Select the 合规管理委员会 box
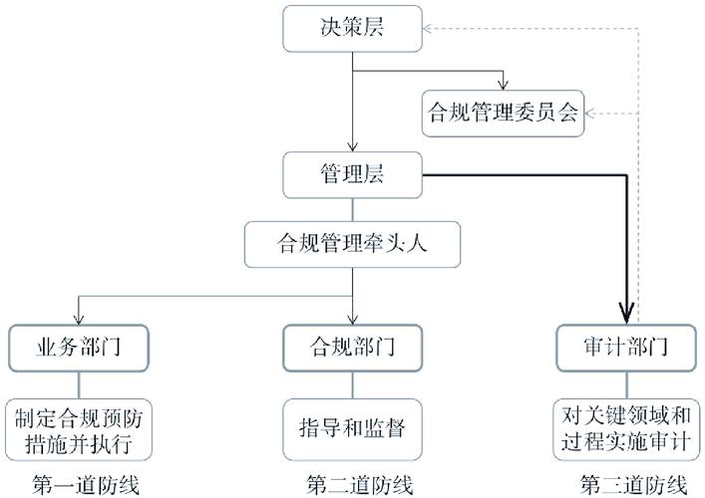(504, 113)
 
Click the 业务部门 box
(81, 349)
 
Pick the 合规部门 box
(352, 349)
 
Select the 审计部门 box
(625, 349)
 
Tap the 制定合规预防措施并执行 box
(81, 426)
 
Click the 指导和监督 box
(352, 425)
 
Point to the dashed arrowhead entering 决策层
(422, 28)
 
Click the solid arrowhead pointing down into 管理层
(352, 146)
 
